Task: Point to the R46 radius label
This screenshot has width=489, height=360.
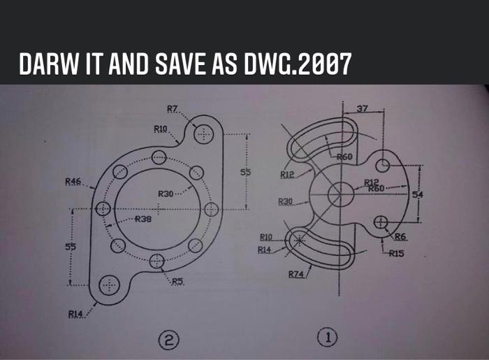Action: click(73, 182)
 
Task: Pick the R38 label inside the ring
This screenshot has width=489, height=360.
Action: click(143, 219)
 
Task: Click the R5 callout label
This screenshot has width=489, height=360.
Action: click(178, 282)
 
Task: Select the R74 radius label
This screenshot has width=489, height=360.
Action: click(296, 274)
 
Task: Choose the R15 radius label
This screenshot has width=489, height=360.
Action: click(397, 253)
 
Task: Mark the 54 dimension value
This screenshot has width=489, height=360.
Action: click(417, 194)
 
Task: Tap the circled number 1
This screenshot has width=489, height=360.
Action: click(327, 338)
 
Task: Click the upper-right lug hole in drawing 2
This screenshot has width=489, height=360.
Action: click(203, 134)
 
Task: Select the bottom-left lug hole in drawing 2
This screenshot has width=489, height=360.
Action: click(109, 285)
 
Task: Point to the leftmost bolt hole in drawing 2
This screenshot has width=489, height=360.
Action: click(103, 208)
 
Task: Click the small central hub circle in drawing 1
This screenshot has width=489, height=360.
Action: click(342, 190)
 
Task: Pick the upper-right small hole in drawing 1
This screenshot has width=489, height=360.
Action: click(384, 165)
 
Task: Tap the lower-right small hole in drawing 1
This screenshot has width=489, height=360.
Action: click(381, 222)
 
